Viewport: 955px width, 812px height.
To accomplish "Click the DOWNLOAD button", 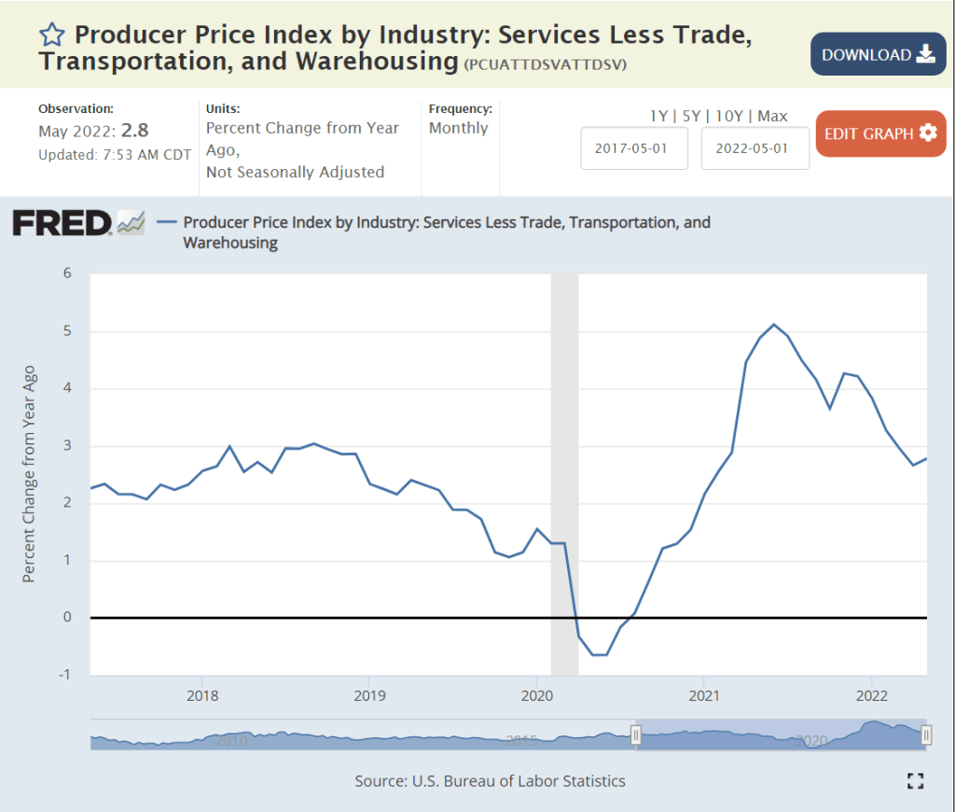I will pos(878,54).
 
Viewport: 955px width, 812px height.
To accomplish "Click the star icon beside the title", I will pos(52,35).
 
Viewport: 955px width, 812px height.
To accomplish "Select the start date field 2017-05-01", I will pos(634,148).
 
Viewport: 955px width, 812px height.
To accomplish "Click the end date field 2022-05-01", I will pos(754,148).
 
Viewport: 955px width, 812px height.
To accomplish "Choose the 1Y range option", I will pos(659,117).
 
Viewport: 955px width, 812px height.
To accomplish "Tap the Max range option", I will pos(772,117).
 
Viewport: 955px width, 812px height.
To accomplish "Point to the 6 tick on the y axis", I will pos(66,273).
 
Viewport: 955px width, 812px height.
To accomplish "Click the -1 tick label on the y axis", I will pos(64,675).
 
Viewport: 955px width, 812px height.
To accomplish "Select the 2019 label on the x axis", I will pos(369,695).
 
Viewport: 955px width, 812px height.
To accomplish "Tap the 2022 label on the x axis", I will pos(871,695).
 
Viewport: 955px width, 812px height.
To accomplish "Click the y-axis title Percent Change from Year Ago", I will pos(29,474).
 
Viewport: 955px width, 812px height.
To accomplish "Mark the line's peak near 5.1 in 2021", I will pos(774,324).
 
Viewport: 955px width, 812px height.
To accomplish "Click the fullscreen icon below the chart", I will pos(915,781).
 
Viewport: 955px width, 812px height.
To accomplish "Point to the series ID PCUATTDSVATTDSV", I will pos(545,64).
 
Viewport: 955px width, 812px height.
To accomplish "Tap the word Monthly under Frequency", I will pos(458,128).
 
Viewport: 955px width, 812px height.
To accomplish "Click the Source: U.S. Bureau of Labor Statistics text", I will pos(490,780).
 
